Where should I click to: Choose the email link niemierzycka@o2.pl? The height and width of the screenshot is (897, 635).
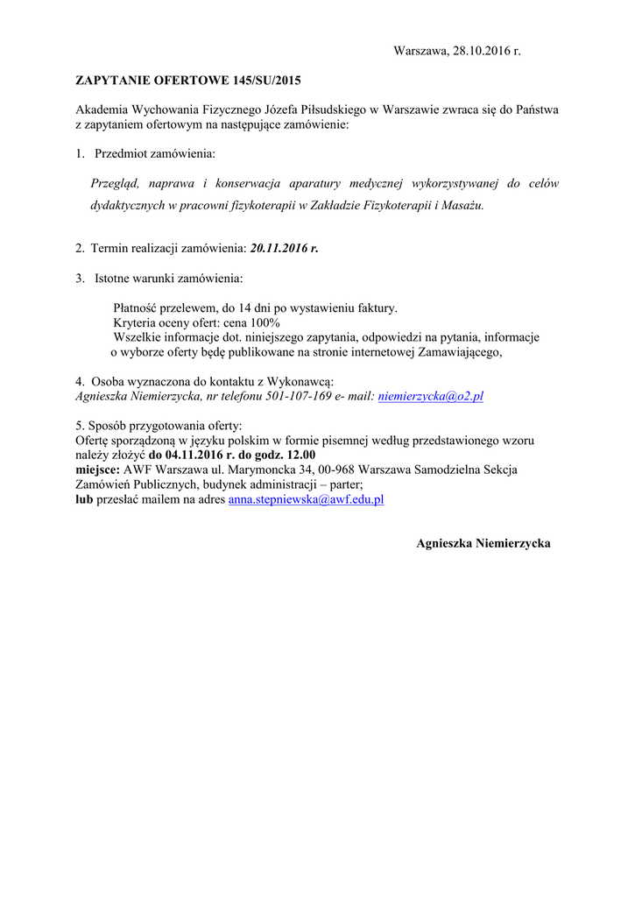pos(430,396)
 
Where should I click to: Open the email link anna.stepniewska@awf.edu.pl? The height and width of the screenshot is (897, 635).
pos(307,499)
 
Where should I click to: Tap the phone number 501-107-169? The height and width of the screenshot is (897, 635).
pos(299,396)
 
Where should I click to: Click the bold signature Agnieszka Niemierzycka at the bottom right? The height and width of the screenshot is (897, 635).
pos(483,543)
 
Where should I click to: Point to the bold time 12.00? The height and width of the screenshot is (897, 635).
pos(299,455)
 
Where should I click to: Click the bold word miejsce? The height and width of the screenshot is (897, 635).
pos(98,470)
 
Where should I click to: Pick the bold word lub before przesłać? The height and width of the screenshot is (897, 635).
pos(84,499)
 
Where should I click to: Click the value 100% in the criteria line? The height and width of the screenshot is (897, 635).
pos(264,322)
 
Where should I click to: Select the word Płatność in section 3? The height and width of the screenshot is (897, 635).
pos(138,308)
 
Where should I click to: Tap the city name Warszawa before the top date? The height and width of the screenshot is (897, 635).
pos(421,51)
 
